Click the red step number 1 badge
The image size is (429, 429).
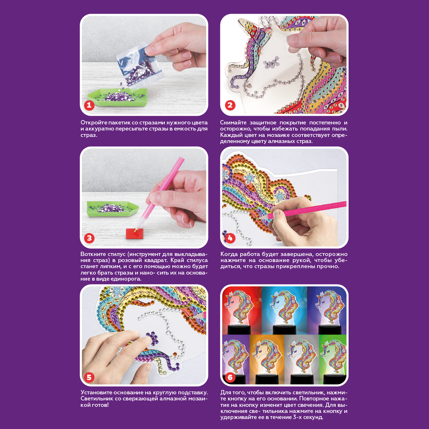point(89,105)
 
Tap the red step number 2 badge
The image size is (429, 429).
point(230,105)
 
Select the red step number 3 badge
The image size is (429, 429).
point(89,238)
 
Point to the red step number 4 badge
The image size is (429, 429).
point(230,238)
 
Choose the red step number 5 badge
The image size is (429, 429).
point(89,378)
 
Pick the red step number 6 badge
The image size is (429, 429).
point(230,378)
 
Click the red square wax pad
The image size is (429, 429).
point(134,233)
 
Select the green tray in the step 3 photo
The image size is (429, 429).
point(113,208)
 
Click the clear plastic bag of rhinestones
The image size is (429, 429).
point(140,67)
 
